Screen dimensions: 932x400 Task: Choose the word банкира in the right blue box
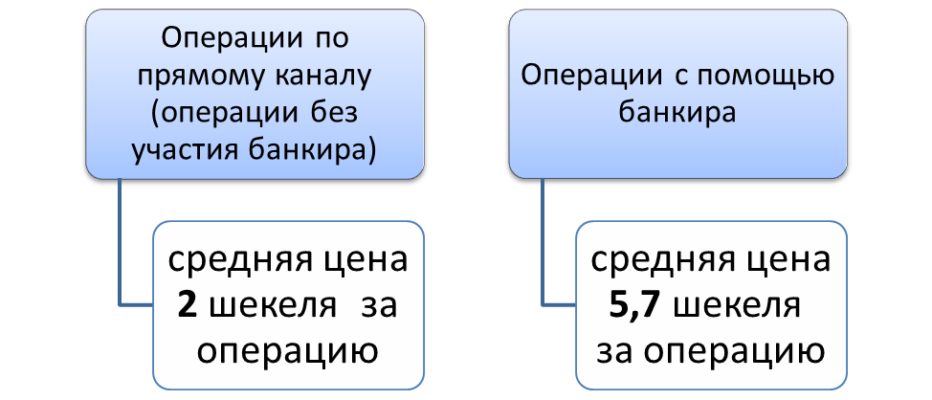677,114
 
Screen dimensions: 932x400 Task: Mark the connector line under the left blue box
122,249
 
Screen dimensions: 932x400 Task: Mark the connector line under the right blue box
544,249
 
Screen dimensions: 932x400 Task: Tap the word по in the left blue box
330,38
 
